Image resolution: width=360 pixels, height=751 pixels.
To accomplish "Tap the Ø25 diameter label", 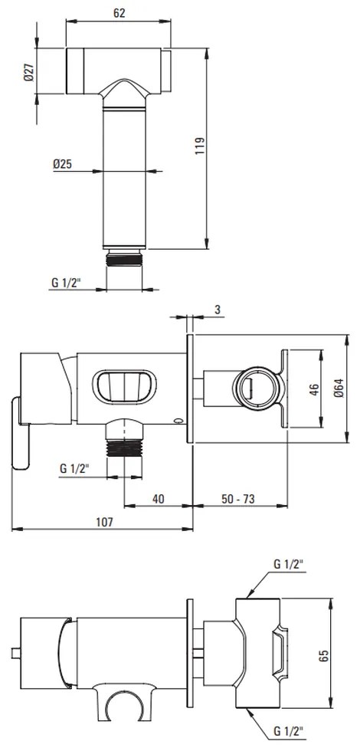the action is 62,164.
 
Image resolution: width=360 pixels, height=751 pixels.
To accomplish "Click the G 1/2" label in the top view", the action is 67,283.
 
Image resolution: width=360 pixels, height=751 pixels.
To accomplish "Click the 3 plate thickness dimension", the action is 218,310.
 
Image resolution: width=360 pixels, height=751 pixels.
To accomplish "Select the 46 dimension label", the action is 313,389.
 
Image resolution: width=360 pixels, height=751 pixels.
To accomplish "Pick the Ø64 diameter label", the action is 339,389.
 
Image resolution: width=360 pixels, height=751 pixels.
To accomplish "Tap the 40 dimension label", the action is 158,498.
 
